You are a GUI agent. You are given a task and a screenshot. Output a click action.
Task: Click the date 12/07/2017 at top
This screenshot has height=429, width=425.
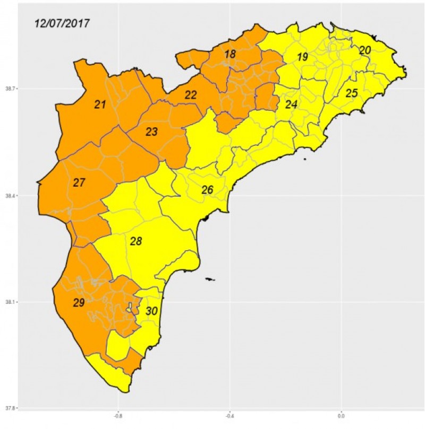[62, 23]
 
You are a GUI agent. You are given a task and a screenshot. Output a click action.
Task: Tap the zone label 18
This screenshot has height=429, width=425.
[229, 54]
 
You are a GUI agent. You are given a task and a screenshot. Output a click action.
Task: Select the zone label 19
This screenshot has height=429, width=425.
[302, 57]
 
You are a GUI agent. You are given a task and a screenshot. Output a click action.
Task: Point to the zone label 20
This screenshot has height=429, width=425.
[365, 50]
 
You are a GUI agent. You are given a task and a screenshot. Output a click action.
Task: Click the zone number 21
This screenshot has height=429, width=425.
[100, 104]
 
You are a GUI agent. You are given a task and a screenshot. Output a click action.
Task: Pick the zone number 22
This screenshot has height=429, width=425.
[191, 95]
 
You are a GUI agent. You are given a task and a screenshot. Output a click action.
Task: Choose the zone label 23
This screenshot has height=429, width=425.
[151, 132]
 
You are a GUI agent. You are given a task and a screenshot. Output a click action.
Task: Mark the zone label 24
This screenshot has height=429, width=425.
[291, 104]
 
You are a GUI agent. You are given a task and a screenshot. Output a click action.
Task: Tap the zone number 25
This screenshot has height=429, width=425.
[352, 93]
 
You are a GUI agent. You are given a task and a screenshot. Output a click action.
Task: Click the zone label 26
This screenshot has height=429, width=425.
[207, 190]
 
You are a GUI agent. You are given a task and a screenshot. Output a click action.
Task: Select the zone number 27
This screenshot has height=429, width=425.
[79, 183]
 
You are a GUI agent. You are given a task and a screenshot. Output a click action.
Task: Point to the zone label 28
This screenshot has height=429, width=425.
[136, 241]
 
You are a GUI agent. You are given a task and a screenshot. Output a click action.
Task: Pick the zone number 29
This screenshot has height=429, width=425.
[79, 303]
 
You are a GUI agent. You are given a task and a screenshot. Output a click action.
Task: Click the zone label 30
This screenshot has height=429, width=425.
[151, 311]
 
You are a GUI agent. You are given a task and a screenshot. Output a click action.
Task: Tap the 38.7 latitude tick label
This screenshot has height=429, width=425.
[10, 89]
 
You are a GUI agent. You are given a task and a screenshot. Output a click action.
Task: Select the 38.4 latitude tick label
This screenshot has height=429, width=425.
[10, 196]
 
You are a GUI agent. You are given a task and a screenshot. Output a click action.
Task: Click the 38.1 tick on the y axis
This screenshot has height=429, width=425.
[10, 302]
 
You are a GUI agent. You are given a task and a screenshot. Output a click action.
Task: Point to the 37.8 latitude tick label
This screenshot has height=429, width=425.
[10, 408]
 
